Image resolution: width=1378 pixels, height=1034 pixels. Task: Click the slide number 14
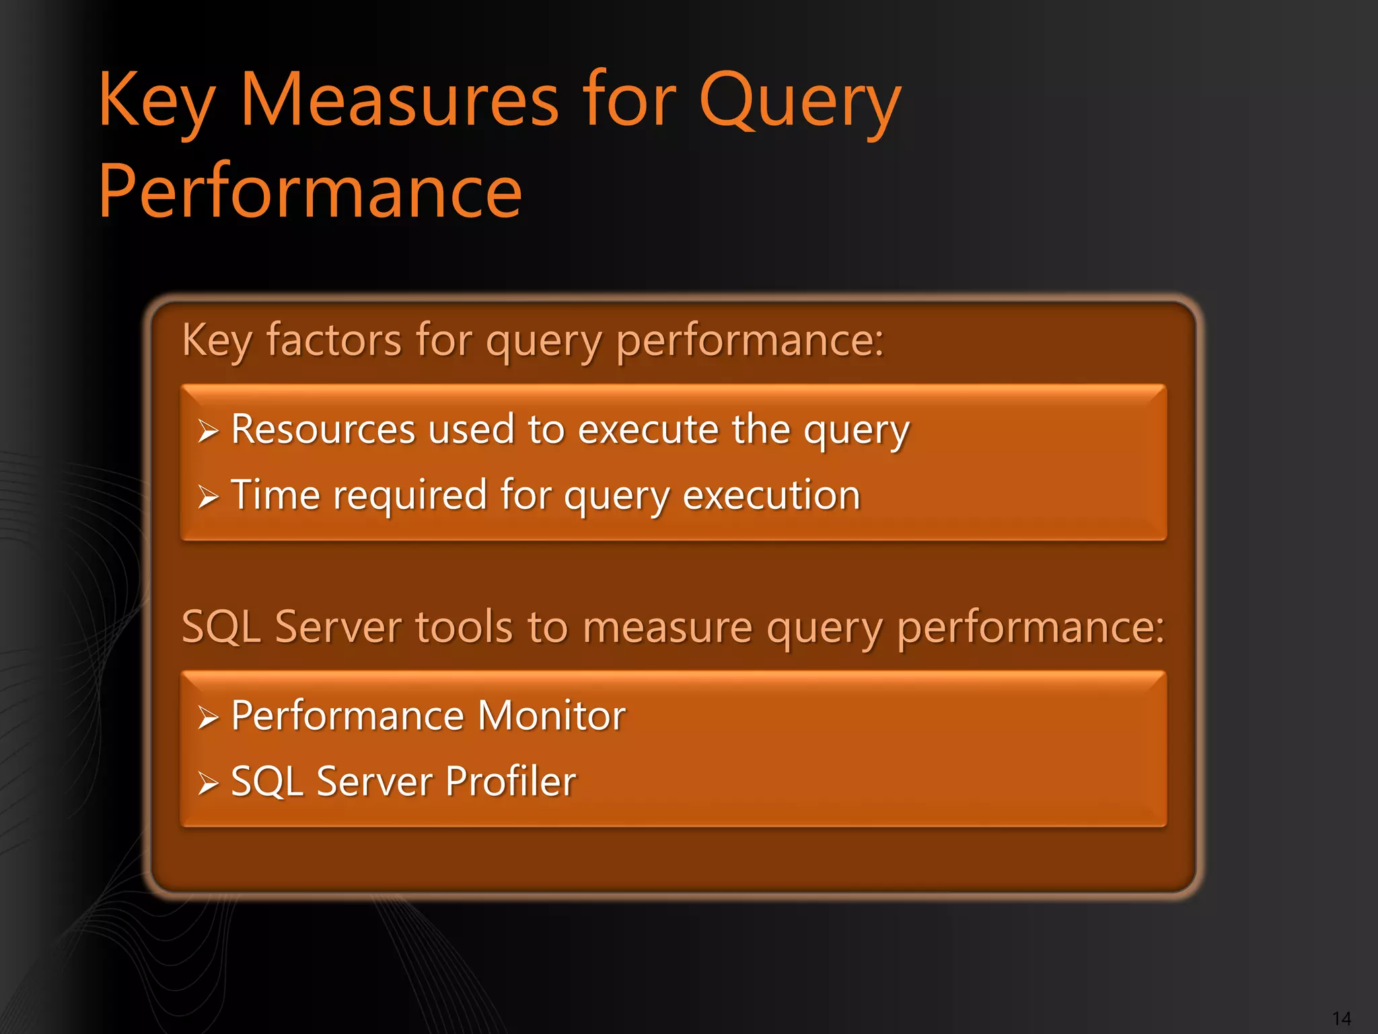1341,1018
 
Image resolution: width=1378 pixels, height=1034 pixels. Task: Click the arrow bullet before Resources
208,432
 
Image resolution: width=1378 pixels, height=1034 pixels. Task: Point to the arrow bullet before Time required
208,497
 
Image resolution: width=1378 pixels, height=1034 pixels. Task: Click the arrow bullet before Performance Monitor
208,718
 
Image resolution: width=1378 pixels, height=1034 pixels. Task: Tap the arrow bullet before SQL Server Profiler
208,784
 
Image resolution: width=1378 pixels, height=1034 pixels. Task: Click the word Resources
323,429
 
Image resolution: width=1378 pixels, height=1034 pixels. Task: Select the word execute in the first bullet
648,429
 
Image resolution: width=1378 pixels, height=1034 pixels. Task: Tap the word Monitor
551,715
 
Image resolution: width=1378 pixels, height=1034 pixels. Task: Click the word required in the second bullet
410,496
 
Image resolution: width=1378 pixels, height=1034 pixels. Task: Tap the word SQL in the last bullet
266,781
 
